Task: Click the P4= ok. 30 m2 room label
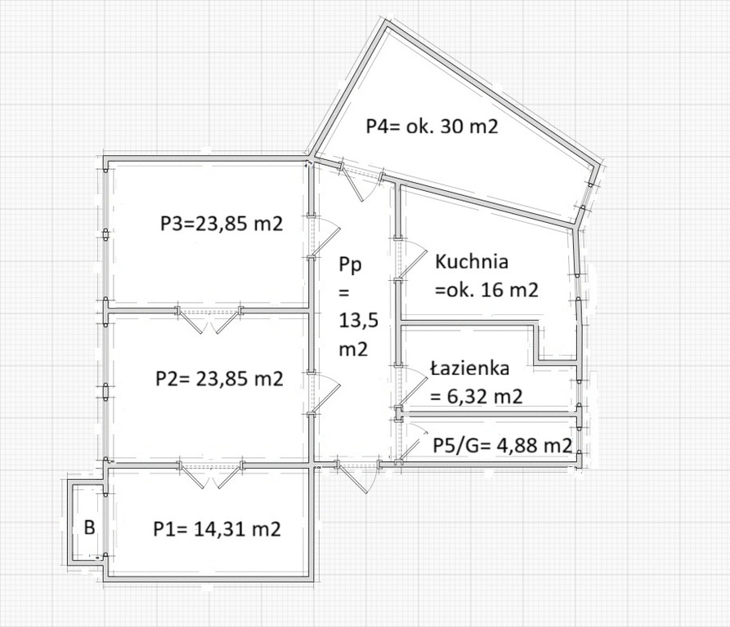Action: click(x=432, y=126)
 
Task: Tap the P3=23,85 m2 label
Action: click(x=222, y=224)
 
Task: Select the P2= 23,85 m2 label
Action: click(x=219, y=379)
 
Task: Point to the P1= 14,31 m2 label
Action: click(x=217, y=529)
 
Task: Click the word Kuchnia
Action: click(x=472, y=262)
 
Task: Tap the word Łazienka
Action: click(x=470, y=368)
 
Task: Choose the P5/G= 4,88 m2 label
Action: click(x=503, y=445)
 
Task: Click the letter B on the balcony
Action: click(x=89, y=528)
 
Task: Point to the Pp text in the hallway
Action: click(x=351, y=266)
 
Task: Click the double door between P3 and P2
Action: click(x=209, y=319)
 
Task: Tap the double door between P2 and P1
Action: click(x=210, y=474)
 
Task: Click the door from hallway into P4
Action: click(x=361, y=181)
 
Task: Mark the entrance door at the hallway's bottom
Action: click(x=360, y=476)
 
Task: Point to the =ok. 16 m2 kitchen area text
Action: click(x=486, y=290)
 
